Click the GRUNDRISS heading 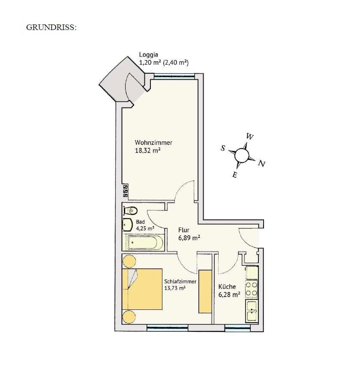tap(51, 27)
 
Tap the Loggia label tap(149, 55)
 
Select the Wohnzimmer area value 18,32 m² tap(148, 150)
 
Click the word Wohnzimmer tap(153, 143)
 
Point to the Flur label tap(183, 230)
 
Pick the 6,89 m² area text tap(189, 238)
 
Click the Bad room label tap(140, 222)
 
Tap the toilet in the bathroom tap(130, 210)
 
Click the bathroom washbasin tap(127, 225)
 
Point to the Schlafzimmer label tap(180, 282)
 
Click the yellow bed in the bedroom tap(142, 289)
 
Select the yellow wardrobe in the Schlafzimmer tap(205, 291)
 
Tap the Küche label tap(227, 287)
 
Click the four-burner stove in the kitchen tap(252, 289)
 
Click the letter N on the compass tap(261, 164)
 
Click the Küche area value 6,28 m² tap(229, 294)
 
